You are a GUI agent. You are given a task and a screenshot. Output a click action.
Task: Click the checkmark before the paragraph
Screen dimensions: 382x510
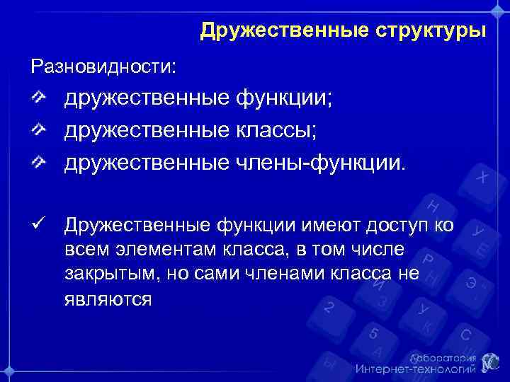pyautogui.click(x=39, y=225)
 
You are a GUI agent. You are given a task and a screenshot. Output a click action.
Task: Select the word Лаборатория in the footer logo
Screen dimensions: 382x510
pyautogui.click(x=442, y=357)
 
